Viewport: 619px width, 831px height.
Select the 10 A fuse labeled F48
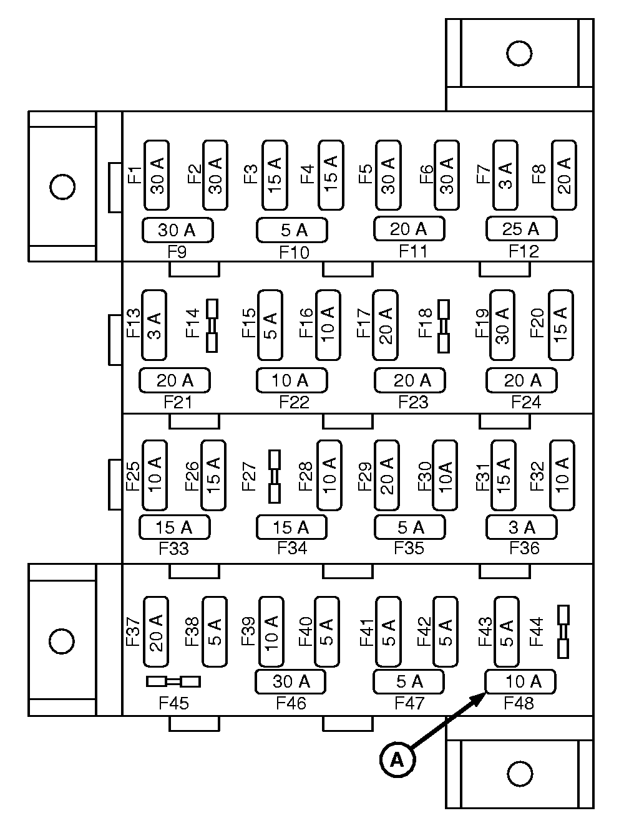pyautogui.click(x=521, y=681)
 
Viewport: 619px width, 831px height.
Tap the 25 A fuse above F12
pyautogui.click(x=521, y=229)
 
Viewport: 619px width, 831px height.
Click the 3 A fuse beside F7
pyautogui.click(x=505, y=175)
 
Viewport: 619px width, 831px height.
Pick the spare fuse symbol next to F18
pyautogui.click(x=444, y=325)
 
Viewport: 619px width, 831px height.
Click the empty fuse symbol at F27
pyautogui.click(x=275, y=476)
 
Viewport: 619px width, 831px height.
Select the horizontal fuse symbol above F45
pyautogui.click(x=173, y=681)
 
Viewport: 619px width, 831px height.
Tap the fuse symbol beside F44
pyautogui.click(x=563, y=631)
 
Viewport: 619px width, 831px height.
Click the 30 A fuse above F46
pyautogui.click(x=291, y=681)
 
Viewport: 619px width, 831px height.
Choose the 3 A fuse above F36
pyautogui.click(x=521, y=527)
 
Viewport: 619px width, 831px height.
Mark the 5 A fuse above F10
pyautogui.click(x=291, y=230)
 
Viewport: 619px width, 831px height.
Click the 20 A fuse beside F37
pyautogui.click(x=156, y=632)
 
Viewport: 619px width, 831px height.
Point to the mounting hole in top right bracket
pyautogui.click(x=519, y=54)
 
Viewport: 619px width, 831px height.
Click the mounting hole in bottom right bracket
pyautogui.click(x=519, y=774)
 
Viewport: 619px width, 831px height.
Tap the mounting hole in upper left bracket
pyautogui.click(x=62, y=186)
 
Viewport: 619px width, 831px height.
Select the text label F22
pyautogui.click(x=294, y=402)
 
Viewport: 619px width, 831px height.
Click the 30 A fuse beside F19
pyautogui.click(x=502, y=325)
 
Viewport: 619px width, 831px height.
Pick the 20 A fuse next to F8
pyautogui.click(x=564, y=175)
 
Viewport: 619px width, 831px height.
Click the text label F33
pyautogui.click(x=173, y=549)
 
